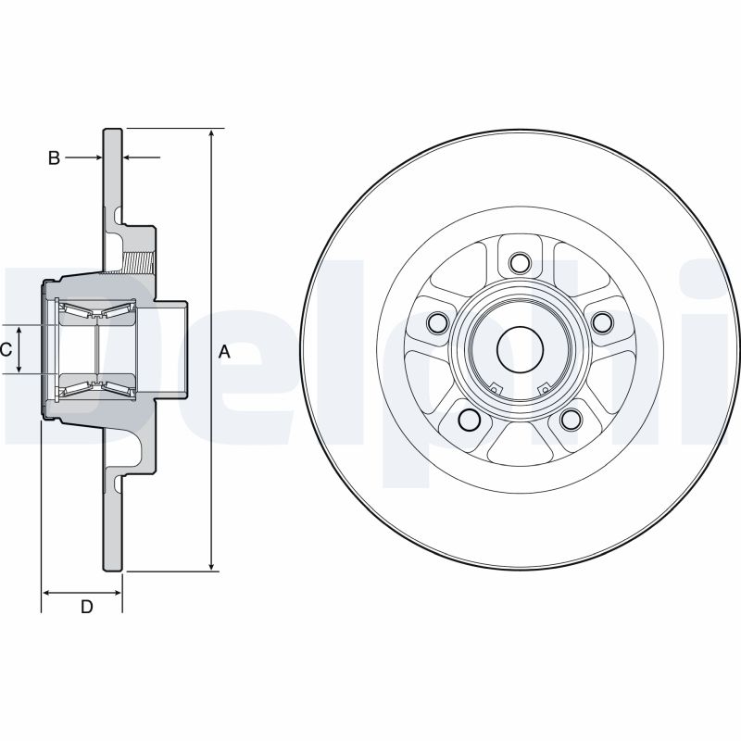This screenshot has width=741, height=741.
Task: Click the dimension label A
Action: pyautogui.click(x=223, y=351)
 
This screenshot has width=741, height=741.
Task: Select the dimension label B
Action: pyautogui.click(x=54, y=158)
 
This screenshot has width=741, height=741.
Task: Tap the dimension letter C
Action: pyautogui.click(x=6, y=349)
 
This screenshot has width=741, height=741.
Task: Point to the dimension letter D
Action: pyautogui.click(x=86, y=608)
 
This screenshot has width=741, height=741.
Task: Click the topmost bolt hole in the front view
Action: pyautogui.click(x=520, y=263)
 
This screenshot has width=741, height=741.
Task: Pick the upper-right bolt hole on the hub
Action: pyautogui.click(x=603, y=321)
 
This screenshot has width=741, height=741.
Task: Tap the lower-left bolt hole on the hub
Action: pyautogui.click(x=470, y=421)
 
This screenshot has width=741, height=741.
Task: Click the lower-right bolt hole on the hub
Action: pyautogui.click(x=571, y=421)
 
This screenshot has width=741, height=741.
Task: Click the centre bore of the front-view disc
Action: pyautogui.click(x=520, y=349)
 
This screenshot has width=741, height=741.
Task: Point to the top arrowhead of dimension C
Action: pyautogui.click(x=19, y=329)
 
